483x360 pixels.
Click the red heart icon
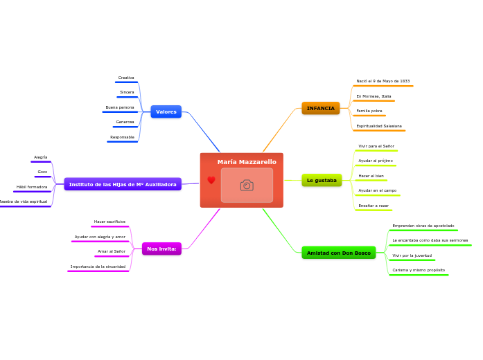pyautogui.click(x=211, y=180)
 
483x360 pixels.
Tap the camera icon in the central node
pyautogui.click(x=247, y=185)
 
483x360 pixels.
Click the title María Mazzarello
pyautogui.click(x=247, y=162)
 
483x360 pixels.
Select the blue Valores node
pyautogui.click(x=166, y=111)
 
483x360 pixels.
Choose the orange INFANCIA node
pyautogui.click(x=321, y=108)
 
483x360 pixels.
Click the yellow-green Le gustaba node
pyautogui.click(x=322, y=180)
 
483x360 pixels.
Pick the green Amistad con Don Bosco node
pyautogui.click(x=339, y=253)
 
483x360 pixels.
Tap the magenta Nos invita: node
pyautogui.click(x=161, y=249)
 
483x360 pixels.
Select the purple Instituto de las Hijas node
pyautogui.click(x=123, y=184)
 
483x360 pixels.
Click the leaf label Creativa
pyautogui.click(x=126, y=78)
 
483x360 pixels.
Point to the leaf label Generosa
pyautogui.click(x=125, y=122)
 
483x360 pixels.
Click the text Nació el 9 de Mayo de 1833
pyautogui.click(x=383, y=81)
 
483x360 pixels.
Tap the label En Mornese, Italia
pyautogui.click(x=374, y=96)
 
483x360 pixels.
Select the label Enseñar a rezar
pyautogui.click(x=374, y=206)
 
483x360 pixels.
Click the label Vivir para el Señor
pyautogui.click(x=376, y=146)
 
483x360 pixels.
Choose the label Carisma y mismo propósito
pyautogui.click(x=419, y=270)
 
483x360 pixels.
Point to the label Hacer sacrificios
pyautogui.click(x=109, y=222)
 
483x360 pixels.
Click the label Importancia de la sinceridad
pyautogui.click(x=98, y=267)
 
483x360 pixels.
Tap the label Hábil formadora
pyautogui.click(x=32, y=187)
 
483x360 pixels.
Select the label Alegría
pyautogui.click(x=41, y=157)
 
